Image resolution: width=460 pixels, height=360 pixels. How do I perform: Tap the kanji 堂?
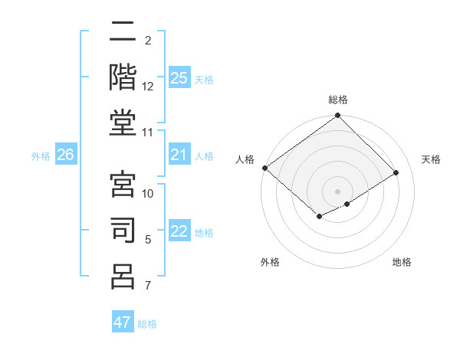(123, 122)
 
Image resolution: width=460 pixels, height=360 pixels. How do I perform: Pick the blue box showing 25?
(179, 78)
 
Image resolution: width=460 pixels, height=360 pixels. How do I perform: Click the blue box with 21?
(179, 155)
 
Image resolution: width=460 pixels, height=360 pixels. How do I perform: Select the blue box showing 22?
(179, 232)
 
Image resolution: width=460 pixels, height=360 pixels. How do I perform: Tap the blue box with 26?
(66, 155)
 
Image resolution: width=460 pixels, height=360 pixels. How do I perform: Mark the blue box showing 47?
(123, 322)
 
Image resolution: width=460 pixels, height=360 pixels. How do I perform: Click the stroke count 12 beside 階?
(148, 87)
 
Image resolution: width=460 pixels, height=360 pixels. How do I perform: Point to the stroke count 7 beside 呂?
(148, 286)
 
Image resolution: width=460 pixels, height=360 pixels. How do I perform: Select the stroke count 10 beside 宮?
(148, 194)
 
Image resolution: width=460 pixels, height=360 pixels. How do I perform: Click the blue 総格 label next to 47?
(147, 324)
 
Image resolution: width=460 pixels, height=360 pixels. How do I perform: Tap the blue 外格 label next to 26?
(41, 156)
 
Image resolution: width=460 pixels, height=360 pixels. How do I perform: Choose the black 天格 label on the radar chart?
(431, 159)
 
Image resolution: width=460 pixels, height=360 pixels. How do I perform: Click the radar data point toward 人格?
(264, 168)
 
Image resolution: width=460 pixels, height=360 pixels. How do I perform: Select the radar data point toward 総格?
(337, 116)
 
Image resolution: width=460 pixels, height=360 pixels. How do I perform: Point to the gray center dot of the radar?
(337, 190)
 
